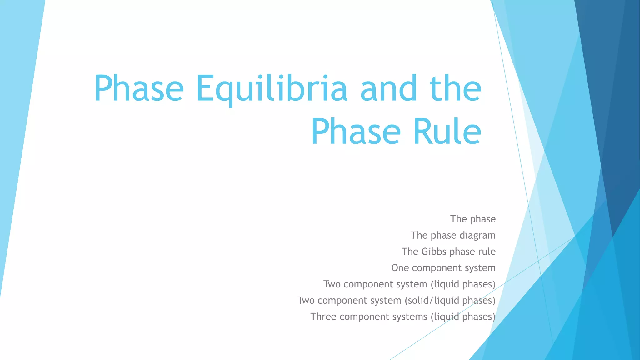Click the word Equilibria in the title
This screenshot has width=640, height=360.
pos(272,89)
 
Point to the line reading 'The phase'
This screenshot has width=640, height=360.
pos(473,219)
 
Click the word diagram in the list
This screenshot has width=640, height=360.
pos(477,236)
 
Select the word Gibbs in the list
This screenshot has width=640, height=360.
pos(434,252)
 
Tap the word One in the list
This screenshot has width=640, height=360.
pos(400,268)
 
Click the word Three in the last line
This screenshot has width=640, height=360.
pos(323,317)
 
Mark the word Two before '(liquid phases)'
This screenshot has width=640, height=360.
pos(332,284)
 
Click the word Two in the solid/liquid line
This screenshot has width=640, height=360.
pos(306,300)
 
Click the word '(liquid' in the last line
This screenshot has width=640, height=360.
pos(445,317)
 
